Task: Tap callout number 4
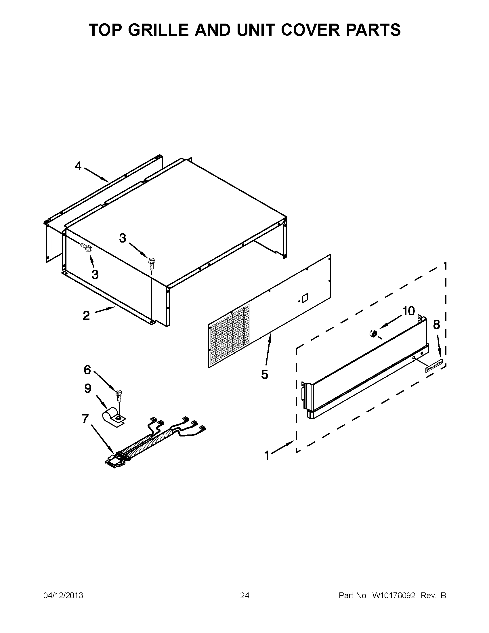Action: point(78,166)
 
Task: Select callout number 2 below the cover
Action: point(86,316)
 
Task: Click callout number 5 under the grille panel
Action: point(264,374)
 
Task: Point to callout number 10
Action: point(408,311)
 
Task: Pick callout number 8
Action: point(436,325)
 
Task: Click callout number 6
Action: point(87,370)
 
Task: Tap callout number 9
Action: point(88,388)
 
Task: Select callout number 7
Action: point(85,419)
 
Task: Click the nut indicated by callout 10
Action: point(373,333)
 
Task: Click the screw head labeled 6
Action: point(119,393)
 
